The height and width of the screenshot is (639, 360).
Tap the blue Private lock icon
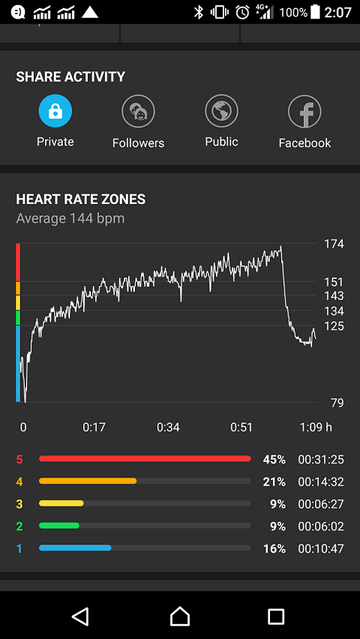[x=55, y=111]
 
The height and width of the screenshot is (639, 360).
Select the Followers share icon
[x=138, y=111]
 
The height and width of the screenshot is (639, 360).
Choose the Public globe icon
[x=221, y=111]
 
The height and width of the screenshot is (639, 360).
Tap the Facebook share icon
[x=304, y=111]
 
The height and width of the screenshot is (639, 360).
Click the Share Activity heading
[x=70, y=76]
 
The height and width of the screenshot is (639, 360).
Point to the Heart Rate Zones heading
[x=81, y=199]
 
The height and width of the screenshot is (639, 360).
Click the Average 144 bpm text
[x=70, y=219]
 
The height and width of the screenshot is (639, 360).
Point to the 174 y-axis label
[x=334, y=244]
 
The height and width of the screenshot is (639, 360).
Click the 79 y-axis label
[x=337, y=403]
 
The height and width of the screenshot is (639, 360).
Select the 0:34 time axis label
[x=168, y=427]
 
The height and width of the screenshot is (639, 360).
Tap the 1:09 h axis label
[x=316, y=427]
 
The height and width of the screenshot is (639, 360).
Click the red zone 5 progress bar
[x=145, y=459]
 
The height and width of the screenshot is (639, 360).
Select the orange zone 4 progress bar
[x=88, y=481]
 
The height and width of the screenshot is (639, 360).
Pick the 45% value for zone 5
[x=274, y=460]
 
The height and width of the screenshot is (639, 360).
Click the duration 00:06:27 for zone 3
[x=321, y=504]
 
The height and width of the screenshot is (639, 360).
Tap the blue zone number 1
[x=19, y=549]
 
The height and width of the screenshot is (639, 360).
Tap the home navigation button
[x=180, y=616]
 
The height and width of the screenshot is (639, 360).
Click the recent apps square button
[x=276, y=616]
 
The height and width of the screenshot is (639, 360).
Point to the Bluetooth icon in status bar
[x=199, y=13]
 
